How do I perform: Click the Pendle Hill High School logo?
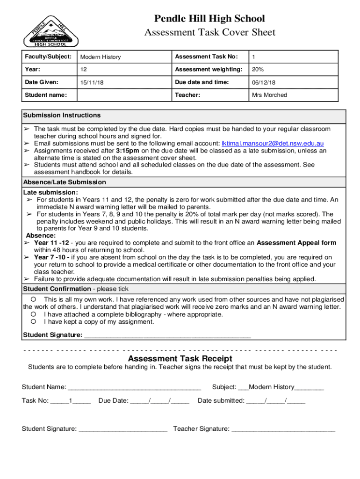(51, 31)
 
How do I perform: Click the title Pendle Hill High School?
(209, 19)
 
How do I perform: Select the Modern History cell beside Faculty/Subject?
(101, 57)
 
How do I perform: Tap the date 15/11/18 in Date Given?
(92, 82)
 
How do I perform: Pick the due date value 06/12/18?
(264, 82)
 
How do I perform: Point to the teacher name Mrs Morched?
(269, 95)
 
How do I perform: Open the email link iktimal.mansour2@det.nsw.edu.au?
(273, 143)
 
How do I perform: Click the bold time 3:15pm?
(127, 151)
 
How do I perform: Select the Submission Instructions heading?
(62, 116)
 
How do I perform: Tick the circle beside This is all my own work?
(34, 299)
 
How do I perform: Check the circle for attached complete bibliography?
(34, 314)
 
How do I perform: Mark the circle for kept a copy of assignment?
(34, 322)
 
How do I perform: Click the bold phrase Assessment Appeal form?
(296, 243)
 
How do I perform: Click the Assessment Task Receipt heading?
(180, 359)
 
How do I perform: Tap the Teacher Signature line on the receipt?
(283, 428)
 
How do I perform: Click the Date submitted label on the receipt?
(221, 400)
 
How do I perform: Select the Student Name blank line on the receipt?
(135, 387)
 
